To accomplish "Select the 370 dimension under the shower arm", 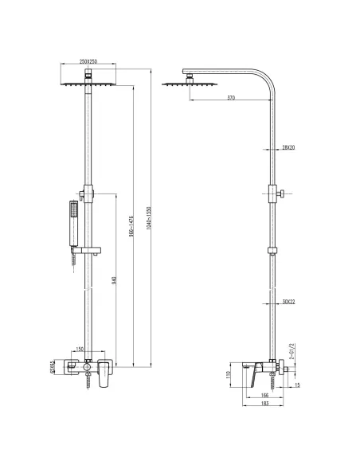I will [230, 97].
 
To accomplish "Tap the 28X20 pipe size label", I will [288, 147].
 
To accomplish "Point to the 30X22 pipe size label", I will [288, 300].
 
